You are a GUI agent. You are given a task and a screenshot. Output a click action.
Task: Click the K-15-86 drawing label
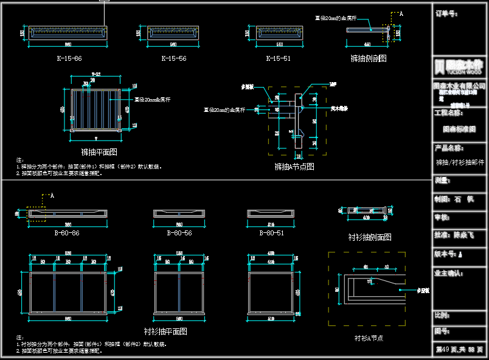pos(69,58)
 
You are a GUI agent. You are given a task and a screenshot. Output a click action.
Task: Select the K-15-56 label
pos(173,58)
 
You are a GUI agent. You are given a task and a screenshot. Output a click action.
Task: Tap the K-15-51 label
pos(278,58)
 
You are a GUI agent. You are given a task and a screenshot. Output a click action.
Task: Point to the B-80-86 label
pos(67,233)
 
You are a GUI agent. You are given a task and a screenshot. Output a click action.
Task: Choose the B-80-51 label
pos(271,233)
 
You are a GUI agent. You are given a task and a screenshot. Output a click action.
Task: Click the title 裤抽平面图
pos(99,152)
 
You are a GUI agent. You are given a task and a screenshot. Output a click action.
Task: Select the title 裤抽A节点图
pos(294,166)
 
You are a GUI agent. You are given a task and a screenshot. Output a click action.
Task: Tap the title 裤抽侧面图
pos(369,58)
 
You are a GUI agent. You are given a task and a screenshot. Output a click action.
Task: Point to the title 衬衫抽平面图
pos(165,331)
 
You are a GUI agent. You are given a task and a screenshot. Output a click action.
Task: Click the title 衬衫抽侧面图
pos(369,237)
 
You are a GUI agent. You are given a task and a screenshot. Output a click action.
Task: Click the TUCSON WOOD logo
pos(459,66)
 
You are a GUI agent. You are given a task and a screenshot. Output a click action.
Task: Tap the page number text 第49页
pos(448,350)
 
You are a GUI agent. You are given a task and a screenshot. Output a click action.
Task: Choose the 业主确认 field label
pos(449,274)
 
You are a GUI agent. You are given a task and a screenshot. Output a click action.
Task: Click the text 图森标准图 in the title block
pos(459,129)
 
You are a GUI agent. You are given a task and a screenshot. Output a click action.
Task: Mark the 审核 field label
pos(442,216)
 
